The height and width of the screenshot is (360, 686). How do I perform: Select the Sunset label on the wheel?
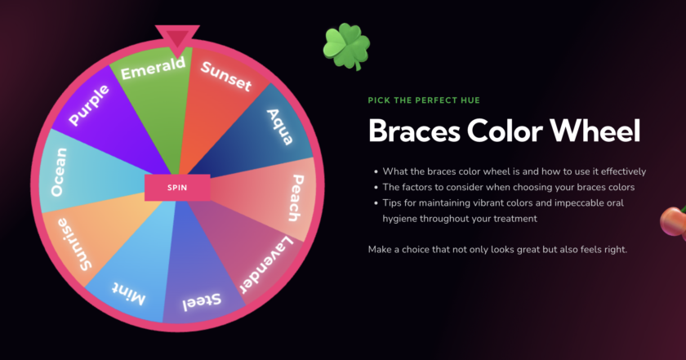pos(225,76)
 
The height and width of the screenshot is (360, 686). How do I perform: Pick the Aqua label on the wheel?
pos(280,126)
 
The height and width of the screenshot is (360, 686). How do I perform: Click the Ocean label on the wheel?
pos(59,172)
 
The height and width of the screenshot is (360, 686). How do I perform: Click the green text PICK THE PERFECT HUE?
pos(424,100)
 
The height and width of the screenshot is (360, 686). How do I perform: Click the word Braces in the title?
pos(417,131)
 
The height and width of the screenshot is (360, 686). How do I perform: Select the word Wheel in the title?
pos(597,131)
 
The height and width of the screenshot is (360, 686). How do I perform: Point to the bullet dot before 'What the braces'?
pos(375,171)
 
